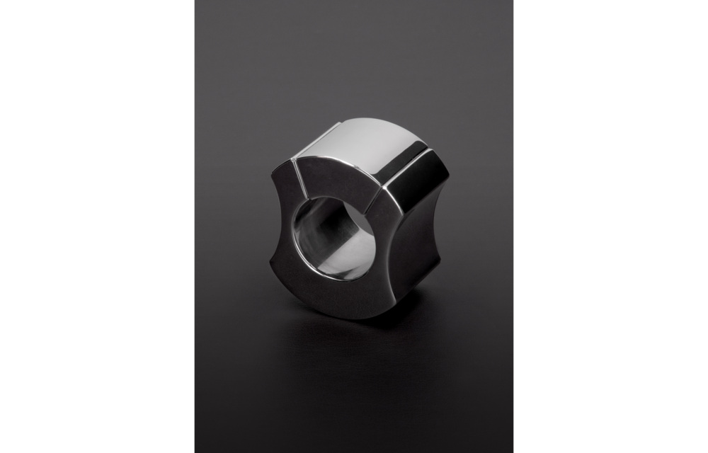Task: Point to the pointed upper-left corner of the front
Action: (x=273, y=177)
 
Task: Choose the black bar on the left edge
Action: (x=96, y=226)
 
